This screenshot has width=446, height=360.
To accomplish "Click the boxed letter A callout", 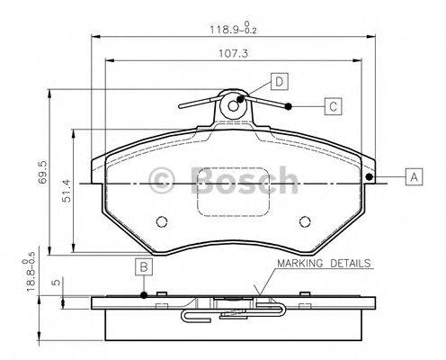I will pyautogui.click(x=413, y=177).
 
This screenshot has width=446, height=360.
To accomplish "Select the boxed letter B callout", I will pyautogui.click(x=144, y=266).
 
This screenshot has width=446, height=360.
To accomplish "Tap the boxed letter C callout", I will pyautogui.click(x=332, y=107).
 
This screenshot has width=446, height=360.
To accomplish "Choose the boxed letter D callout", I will pyautogui.click(x=279, y=83).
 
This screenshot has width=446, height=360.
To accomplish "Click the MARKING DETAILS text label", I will pyautogui.click(x=323, y=265).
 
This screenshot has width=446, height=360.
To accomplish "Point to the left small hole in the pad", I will pyautogui.click(x=162, y=222).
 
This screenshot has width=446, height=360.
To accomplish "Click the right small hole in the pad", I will pyautogui.click(x=304, y=222).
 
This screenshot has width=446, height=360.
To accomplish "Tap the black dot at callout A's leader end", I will pyautogui.click(x=370, y=176).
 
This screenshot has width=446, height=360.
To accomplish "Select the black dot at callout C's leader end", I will pyautogui.click(x=288, y=107).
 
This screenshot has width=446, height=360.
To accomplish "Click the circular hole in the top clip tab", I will pyautogui.click(x=234, y=104).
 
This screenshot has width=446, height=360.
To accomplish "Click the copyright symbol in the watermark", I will pyautogui.click(x=165, y=180).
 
